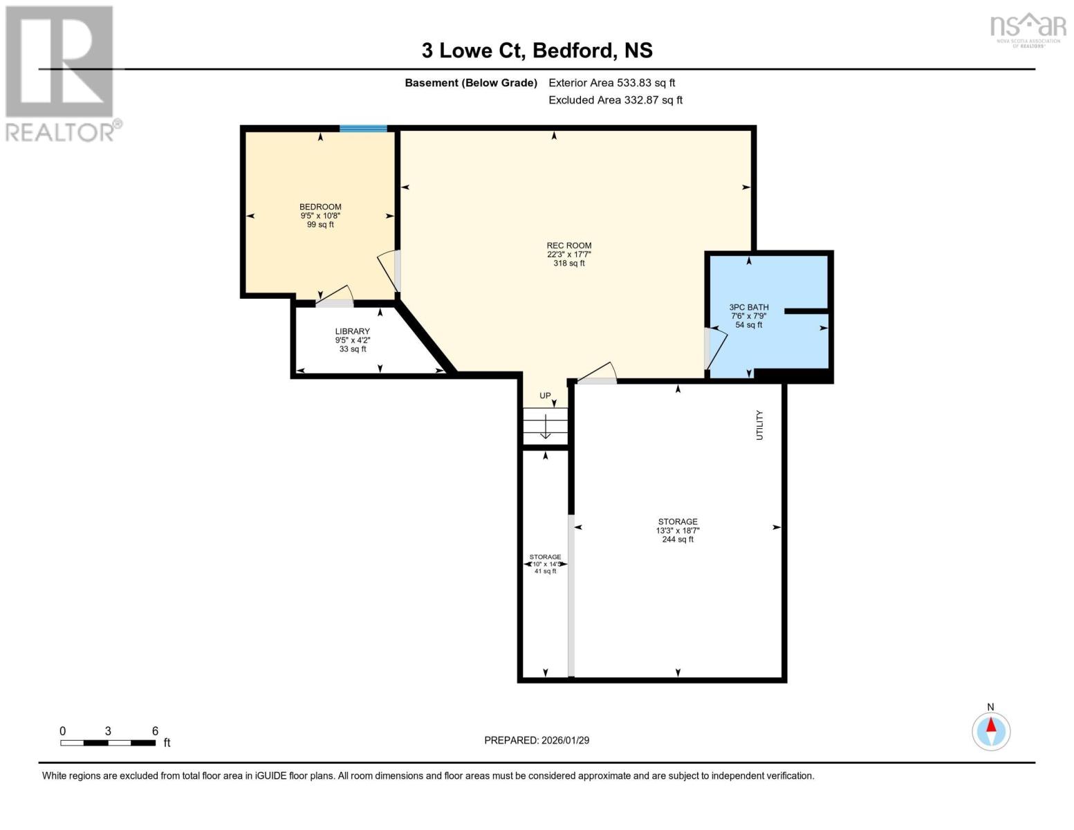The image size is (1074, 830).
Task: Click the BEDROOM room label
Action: point(320,207)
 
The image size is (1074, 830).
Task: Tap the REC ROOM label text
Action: point(568,246)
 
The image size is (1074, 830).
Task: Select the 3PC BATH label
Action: point(748,308)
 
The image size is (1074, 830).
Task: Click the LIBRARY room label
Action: point(352,331)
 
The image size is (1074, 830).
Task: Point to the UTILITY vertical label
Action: point(759,425)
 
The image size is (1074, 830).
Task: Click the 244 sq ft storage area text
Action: point(677,539)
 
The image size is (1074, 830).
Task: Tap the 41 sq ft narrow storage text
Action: point(545,571)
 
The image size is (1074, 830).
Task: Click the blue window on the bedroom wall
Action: point(363,129)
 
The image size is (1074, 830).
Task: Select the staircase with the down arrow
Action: point(545,426)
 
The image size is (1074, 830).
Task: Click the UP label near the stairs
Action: point(545,396)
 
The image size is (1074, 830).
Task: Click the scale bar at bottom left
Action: point(108,743)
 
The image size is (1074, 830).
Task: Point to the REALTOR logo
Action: point(61,73)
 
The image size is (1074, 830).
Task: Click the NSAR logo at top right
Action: point(1028,29)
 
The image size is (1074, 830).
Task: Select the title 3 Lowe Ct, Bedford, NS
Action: point(537,50)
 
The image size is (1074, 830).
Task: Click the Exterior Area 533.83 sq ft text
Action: point(611,83)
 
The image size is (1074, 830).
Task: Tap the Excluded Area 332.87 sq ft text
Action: point(615,100)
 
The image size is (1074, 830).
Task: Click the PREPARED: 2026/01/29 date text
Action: point(537,740)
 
